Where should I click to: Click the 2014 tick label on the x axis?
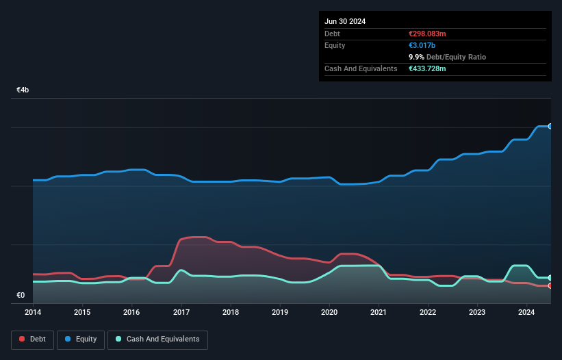[33, 313]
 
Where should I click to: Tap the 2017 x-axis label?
[181, 313]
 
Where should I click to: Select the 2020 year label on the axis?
[329, 313]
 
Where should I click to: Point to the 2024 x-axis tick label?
[527, 313]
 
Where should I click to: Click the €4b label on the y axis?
[23, 90]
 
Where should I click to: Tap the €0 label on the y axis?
[21, 296]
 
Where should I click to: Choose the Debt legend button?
[32, 339]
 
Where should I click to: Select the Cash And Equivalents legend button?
[157, 339]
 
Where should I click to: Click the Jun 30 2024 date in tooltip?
[345, 21]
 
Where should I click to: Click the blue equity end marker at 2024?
[550, 127]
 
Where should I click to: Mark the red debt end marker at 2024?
[550, 285]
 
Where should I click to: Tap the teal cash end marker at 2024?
[550, 278]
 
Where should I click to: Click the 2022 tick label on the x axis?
[428, 313]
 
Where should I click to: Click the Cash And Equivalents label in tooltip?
[361, 68]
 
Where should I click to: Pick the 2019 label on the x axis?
[280, 313]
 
